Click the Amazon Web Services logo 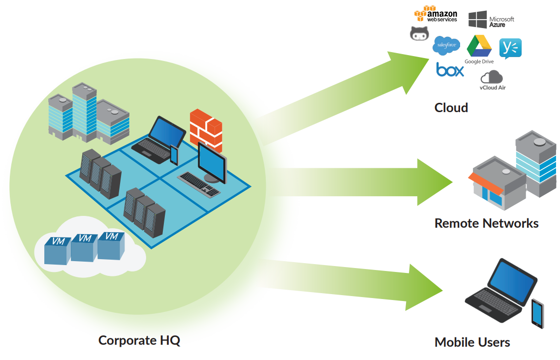click(x=436, y=14)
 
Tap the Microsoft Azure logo click(x=491, y=20)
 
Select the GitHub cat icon click(x=419, y=33)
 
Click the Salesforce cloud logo click(x=446, y=45)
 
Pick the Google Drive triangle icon click(x=479, y=46)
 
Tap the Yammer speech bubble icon click(x=510, y=48)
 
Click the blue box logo click(x=450, y=69)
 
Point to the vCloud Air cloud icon click(x=492, y=77)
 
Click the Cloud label click(x=451, y=108)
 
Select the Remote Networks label click(x=486, y=223)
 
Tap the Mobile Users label click(x=472, y=342)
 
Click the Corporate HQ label click(x=139, y=340)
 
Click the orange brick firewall click(x=206, y=130)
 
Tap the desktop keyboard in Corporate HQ click(x=199, y=184)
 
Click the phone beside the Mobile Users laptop click(x=537, y=313)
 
